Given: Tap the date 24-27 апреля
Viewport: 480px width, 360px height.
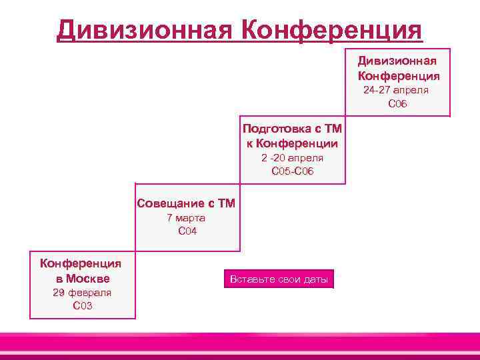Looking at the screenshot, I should (396, 90).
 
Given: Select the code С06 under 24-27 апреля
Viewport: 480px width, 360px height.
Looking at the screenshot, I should (397, 103).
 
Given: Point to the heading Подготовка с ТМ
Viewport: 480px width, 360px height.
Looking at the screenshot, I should (292, 129).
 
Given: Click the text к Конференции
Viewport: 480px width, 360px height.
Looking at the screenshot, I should (292, 143).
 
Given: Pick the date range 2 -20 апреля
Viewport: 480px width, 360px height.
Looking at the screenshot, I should (292, 158).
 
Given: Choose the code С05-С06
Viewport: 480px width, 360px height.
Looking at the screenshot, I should (292, 171).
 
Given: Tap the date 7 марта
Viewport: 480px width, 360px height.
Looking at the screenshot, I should (186, 218).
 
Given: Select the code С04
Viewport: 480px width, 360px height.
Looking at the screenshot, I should (187, 231).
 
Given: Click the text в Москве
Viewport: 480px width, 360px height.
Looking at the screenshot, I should (83, 278).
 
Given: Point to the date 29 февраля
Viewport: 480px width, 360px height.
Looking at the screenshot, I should (83, 293).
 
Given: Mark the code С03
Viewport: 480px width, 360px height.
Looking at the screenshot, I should (83, 306).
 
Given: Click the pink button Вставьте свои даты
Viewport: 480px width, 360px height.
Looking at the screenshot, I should (279, 279).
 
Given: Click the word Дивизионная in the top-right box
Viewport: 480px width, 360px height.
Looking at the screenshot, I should (397, 61).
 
